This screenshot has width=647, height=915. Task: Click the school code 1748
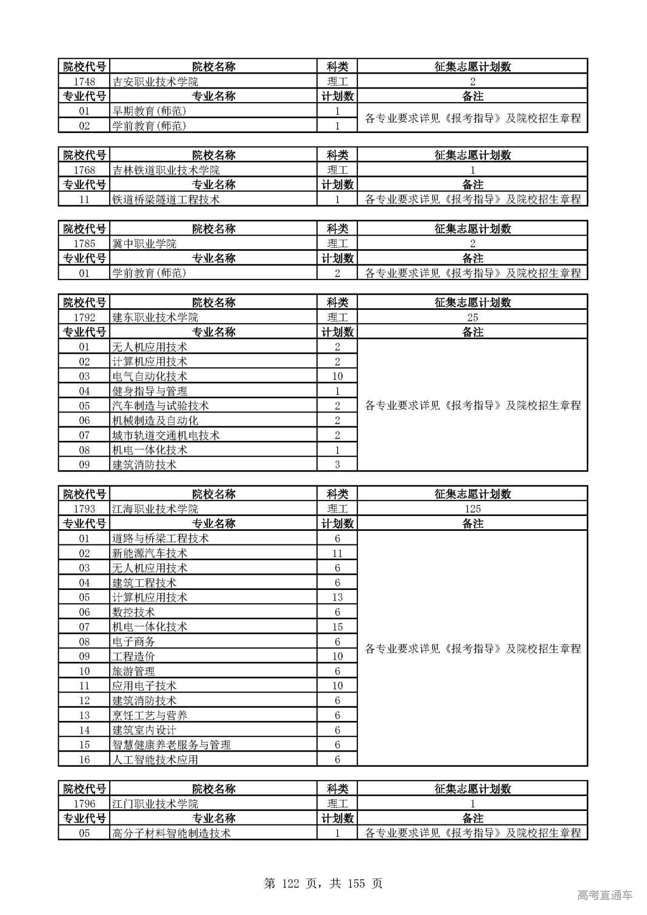click(84, 82)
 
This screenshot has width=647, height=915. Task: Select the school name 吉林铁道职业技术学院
click(166, 170)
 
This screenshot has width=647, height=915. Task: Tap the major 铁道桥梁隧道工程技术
click(166, 200)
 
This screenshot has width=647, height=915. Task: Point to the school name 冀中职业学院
click(144, 244)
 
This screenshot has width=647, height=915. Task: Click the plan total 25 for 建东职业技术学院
click(472, 317)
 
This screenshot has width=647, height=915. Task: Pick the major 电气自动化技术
click(150, 377)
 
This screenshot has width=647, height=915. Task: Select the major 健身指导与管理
click(150, 391)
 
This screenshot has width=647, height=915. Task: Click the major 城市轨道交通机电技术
click(166, 435)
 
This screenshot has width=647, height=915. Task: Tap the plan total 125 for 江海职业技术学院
click(472, 509)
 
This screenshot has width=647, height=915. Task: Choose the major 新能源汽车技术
click(150, 554)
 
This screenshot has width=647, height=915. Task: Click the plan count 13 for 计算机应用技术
click(337, 598)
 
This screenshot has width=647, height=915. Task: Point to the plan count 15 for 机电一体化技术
click(337, 627)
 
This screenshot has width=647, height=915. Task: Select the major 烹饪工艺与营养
click(150, 715)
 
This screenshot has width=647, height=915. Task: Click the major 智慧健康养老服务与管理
click(171, 745)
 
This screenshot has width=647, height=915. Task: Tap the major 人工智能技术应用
click(155, 760)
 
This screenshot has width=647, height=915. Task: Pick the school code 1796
click(84, 804)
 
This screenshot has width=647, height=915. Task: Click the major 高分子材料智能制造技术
click(171, 833)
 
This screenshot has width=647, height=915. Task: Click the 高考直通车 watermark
click(605, 895)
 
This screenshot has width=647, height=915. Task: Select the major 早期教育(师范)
click(149, 111)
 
